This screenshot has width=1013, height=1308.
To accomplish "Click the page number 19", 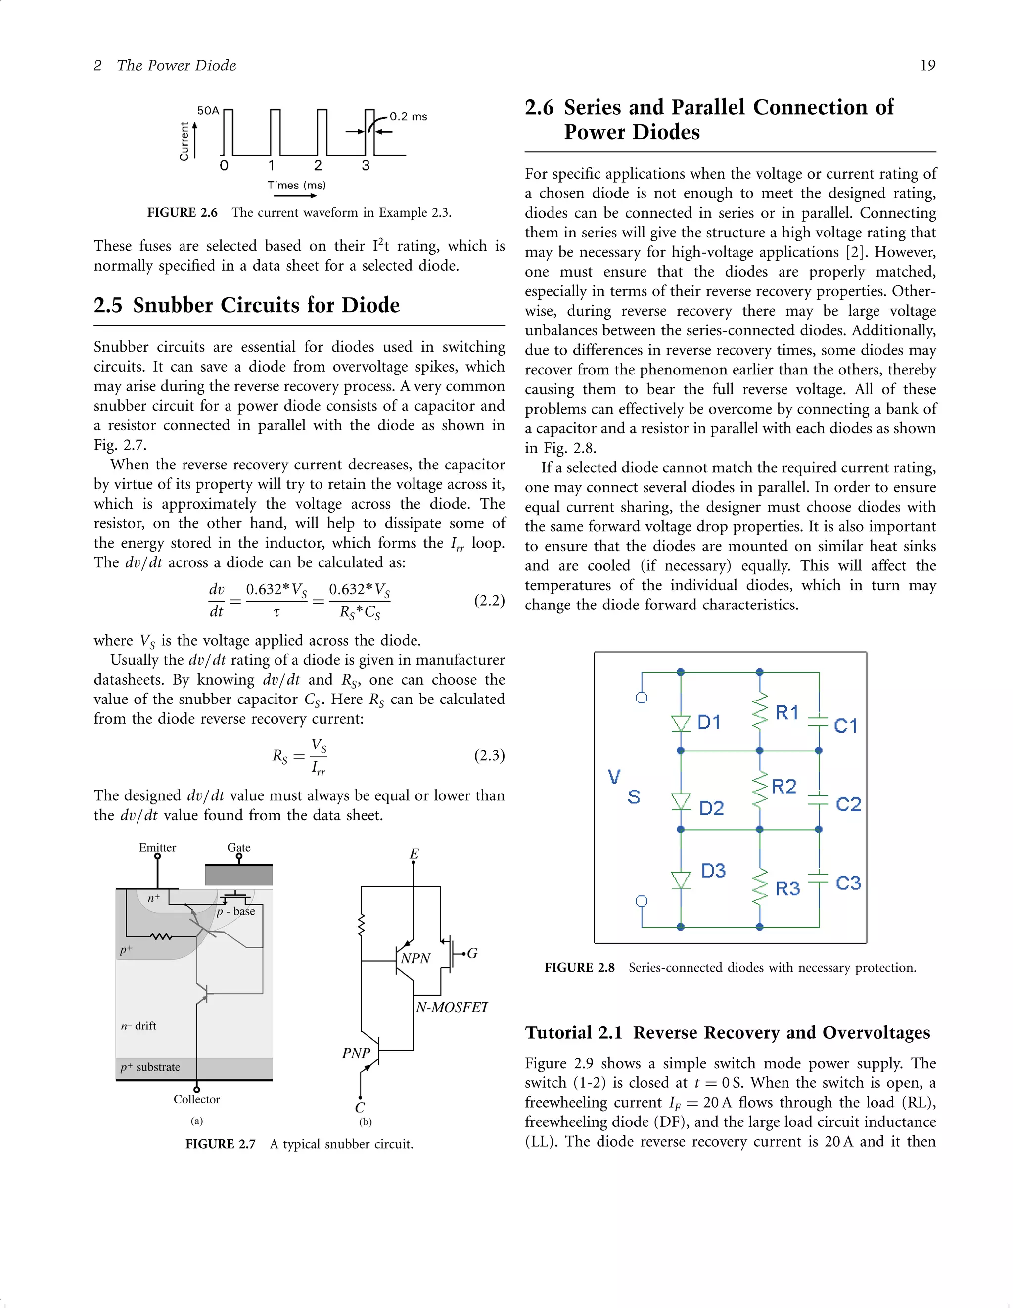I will coord(927,65).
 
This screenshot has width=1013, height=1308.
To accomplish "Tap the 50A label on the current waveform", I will coord(208,111).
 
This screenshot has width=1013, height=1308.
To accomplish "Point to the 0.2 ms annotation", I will coord(408,116).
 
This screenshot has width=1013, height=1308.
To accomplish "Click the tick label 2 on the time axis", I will coord(318,165).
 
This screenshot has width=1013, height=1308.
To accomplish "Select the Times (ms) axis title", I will coord(296,185).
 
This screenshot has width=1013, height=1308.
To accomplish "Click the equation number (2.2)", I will coord(489,600).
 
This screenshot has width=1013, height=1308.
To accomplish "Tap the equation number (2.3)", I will coord(489,755).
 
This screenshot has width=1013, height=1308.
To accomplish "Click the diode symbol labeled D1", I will coord(681,723).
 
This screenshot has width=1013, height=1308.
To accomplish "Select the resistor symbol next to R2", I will coord(759,790).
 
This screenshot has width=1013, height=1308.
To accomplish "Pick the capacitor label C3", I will coord(848,883).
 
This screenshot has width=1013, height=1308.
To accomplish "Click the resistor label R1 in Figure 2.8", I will coord(786,713).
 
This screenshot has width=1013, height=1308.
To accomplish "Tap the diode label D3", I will coord(713,870).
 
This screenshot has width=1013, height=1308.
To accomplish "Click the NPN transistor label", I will coord(415,958).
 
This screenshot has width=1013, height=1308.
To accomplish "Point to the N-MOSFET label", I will coord(452,1007).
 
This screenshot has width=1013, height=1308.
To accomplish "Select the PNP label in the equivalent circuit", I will coord(356,1053).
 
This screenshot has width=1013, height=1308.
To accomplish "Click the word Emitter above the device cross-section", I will coord(157,847).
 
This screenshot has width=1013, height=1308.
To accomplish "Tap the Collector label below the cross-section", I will coord(196,1099).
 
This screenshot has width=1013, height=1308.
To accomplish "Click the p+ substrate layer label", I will coord(150,1067).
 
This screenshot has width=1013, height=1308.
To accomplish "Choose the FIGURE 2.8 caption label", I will coord(579,968).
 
